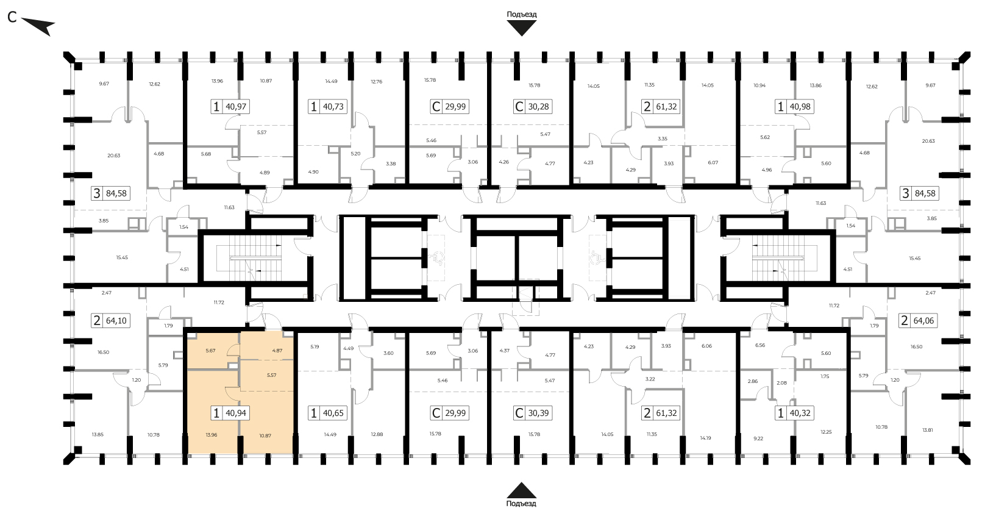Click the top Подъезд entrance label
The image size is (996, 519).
click(522, 14)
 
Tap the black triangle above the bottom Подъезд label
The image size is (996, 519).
click(522, 490)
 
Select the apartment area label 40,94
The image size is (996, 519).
click(236, 413)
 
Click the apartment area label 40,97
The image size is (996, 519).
click(236, 107)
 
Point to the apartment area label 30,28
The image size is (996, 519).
click(538, 107)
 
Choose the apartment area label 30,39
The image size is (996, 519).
click(538, 413)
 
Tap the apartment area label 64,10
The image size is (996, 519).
click(116, 321)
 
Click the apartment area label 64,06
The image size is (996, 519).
click(923, 321)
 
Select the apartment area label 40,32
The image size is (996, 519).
click(800, 413)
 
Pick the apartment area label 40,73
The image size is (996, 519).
click(333, 107)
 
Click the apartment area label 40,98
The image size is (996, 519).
click(800, 107)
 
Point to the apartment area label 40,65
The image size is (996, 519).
click(333, 413)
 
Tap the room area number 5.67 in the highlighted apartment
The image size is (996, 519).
click(210, 351)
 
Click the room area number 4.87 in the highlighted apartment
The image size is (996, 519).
click(277, 351)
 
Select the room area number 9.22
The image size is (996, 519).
click(758, 438)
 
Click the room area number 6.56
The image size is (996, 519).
click(760, 345)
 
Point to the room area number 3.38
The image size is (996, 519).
click(390, 163)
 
